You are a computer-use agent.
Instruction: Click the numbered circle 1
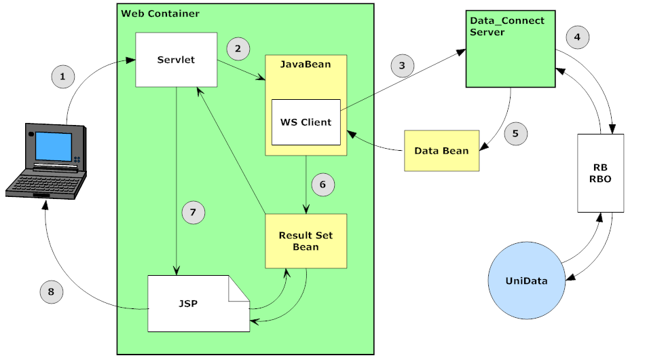(x=62, y=77)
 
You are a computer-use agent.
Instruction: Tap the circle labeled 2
(x=238, y=49)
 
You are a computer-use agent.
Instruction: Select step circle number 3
(x=402, y=66)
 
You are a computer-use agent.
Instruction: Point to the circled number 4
(x=577, y=37)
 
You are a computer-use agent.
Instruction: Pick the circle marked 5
(x=515, y=133)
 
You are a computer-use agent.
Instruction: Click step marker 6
(x=323, y=184)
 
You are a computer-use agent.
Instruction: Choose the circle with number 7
(x=193, y=213)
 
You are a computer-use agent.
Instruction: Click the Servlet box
(x=177, y=60)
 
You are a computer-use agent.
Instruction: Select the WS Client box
(x=306, y=122)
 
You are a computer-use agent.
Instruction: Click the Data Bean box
(x=441, y=150)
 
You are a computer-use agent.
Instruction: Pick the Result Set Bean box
(x=306, y=241)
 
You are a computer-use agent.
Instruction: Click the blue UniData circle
(x=528, y=281)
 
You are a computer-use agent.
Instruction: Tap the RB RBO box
(x=600, y=173)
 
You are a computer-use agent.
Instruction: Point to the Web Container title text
(x=160, y=14)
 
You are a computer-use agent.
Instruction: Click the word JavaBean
(x=306, y=65)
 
